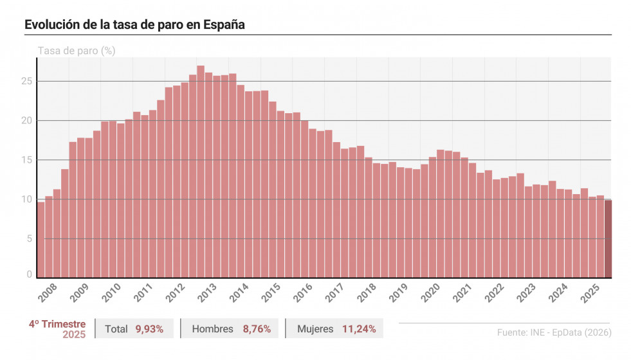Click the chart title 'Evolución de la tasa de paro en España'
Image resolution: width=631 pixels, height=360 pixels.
pyautogui.click(x=135, y=24)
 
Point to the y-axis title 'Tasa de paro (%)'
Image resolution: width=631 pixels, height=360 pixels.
pyautogui.click(x=77, y=50)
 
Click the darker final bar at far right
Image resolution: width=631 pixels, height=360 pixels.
pyautogui.click(x=608, y=239)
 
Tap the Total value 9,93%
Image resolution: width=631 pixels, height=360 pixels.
pyautogui.click(x=149, y=329)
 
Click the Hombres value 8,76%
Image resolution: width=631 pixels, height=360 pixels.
pyautogui.click(x=257, y=329)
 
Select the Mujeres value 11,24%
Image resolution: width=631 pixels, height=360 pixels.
pyautogui.click(x=359, y=329)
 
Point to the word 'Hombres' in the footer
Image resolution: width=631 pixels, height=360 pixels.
pyautogui.click(x=212, y=329)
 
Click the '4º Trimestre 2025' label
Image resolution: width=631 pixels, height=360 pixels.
pyautogui.click(x=57, y=329)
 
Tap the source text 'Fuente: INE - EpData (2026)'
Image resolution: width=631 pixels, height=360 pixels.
pyautogui.click(x=554, y=332)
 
